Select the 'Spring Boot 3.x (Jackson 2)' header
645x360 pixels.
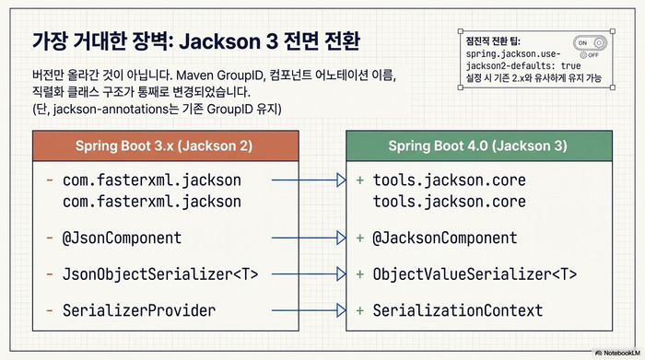164,145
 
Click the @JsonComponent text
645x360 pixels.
122,238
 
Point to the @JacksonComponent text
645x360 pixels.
445,238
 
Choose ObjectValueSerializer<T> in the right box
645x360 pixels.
475,274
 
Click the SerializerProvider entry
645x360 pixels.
139,310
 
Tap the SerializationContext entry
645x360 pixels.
457,310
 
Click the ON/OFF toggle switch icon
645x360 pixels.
590,44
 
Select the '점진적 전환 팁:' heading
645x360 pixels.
494,41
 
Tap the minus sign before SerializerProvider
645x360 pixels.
48,310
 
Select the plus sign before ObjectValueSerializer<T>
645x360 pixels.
359,274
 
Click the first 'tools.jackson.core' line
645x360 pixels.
449,181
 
